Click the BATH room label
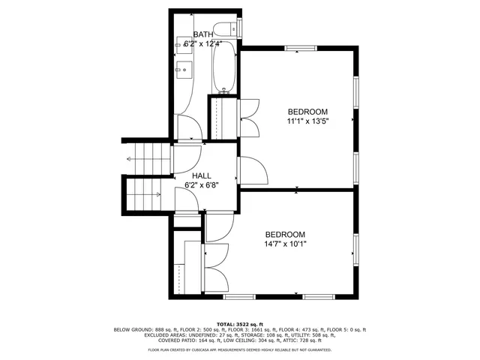202,34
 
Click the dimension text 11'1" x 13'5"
307,120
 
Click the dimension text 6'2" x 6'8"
202,185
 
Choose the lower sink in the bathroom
184,71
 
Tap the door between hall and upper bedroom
250,169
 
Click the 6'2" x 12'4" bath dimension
202,44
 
